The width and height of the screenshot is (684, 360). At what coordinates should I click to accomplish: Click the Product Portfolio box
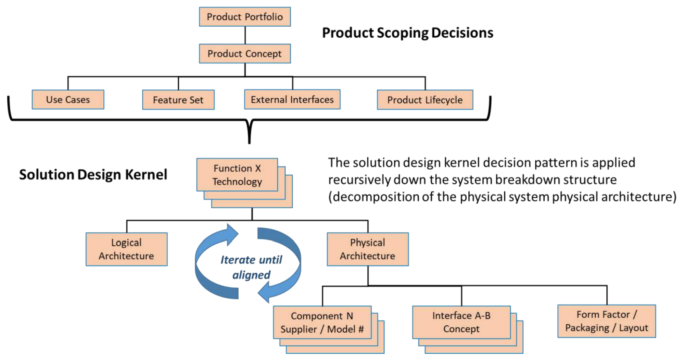(245, 17)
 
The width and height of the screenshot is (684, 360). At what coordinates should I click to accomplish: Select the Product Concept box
(245, 53)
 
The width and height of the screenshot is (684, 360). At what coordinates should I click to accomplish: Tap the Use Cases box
(68, 100)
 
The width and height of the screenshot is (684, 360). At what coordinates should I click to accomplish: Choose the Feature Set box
(178, 100)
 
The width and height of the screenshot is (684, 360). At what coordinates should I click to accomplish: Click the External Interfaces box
(292, 100)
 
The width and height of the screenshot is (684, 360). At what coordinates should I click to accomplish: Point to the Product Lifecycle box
(425, 100)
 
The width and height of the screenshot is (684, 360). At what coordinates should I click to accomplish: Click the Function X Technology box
(237, 175)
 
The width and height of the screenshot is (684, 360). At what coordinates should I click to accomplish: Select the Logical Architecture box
(126, 249)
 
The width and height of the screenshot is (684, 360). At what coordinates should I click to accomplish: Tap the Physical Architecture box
(368, 249)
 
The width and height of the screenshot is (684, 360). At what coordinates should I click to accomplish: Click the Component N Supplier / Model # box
(322, 322)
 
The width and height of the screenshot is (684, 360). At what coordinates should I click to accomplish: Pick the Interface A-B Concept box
(461, 322)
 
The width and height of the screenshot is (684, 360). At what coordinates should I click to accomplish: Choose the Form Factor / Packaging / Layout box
(607, 321)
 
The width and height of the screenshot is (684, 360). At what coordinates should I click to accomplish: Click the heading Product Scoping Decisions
(407, 33)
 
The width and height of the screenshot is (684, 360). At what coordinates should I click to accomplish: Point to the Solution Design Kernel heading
(93, 175)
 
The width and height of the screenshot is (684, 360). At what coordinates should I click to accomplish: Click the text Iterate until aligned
(251, 267)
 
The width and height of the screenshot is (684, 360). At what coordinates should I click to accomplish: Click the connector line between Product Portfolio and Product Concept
(245, 35)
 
